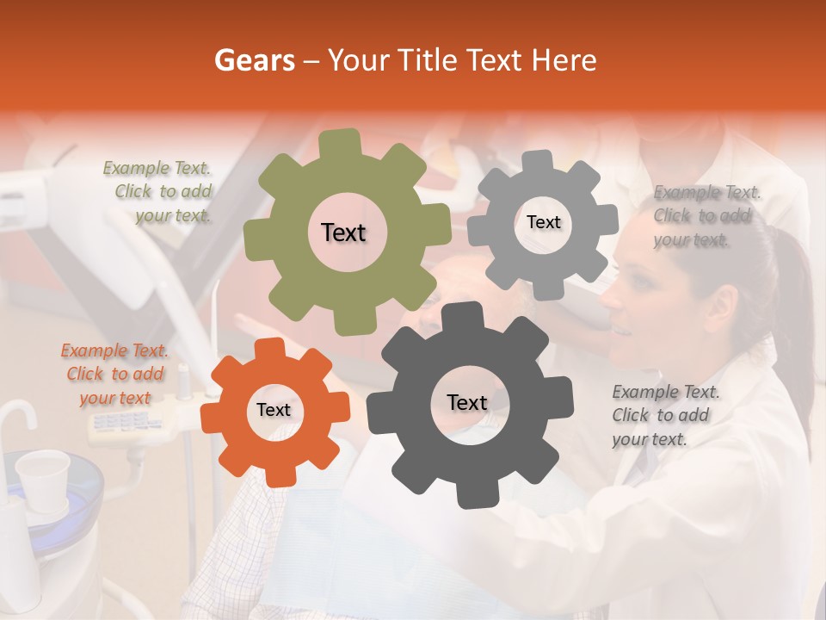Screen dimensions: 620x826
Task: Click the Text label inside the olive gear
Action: (x=343, y=232)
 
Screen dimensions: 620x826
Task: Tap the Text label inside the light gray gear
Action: (x=543, y=222)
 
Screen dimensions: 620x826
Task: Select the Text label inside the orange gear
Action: (x=274, y=410)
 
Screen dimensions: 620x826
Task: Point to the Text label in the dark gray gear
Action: (x=466, y=402)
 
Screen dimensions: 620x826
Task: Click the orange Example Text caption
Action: (x=114, y=374)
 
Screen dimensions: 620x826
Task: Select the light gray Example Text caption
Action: (x=706, y=216)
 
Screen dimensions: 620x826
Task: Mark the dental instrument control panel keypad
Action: (x=126, y=422)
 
